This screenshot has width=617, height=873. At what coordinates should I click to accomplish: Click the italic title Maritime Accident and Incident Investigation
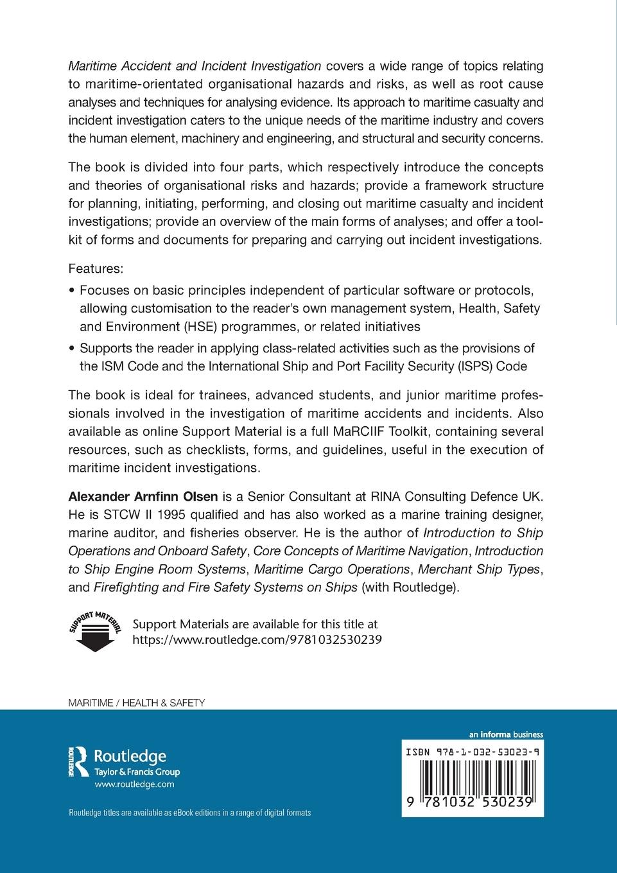click(x=195, y=65)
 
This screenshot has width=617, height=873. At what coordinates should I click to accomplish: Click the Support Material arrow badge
click(x=95, y=631)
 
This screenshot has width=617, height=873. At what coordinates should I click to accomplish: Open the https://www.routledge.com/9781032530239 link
click(x=257, y=639)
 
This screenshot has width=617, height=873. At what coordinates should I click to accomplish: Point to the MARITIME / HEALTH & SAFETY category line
click(x=136, y=702)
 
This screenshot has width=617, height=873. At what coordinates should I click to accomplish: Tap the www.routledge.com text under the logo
click(x=134, y=784)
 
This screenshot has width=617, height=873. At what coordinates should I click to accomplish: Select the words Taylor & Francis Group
click(x=137, y=772)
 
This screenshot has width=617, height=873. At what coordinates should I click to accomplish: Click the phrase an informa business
click(x=506, y=734)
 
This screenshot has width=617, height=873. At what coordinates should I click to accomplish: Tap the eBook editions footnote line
click(x=190, y=813)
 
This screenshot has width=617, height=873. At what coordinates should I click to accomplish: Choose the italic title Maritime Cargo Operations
click(x=331, y=569)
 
